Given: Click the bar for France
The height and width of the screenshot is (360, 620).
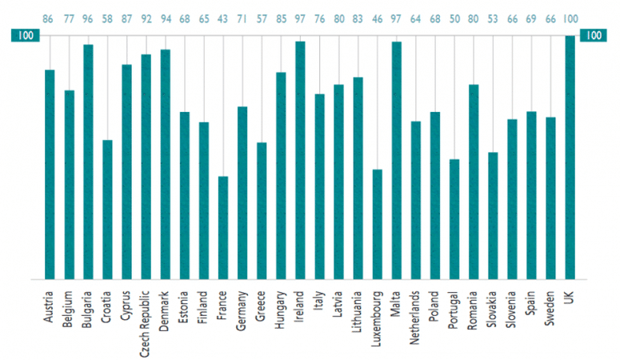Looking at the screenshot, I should tap(223, 228).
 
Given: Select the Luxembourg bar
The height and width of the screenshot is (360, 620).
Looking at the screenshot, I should tap(378, 224).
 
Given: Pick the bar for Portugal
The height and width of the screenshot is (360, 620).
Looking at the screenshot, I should tap(454, 219).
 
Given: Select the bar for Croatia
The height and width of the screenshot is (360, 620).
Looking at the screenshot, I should tap(107, 210).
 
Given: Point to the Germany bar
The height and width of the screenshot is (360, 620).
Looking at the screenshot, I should tap(242, 193).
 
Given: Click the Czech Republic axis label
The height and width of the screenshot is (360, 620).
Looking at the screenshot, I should tap(146, 316).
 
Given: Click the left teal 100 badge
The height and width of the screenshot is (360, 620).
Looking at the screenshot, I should tap(24, 36).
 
